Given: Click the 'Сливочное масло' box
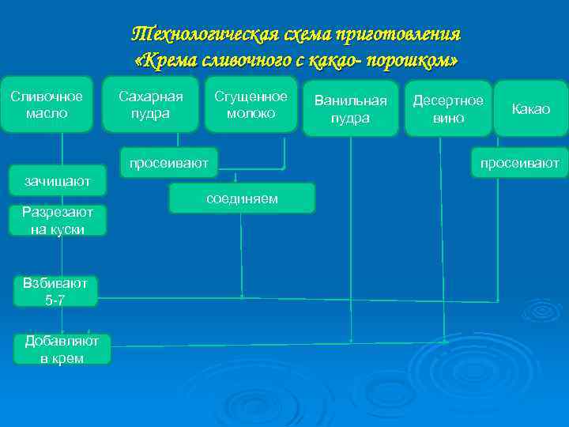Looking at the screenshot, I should pyautogui.click(x=47, y=104).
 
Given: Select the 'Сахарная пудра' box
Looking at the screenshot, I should pyautogui.click(x=150, y=104).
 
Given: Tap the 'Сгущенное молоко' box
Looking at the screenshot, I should pyautogui.click(x=251, y=104).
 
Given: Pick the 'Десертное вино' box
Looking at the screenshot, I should pyautogui.click(x=448, y=108).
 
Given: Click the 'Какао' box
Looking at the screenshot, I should pyautogui.click(x=530, y=109).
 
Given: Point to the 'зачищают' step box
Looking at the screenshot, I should pyautogui.click(x=58, y=180).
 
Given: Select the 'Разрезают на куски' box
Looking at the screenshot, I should pyautogui.click(x=58, y=221).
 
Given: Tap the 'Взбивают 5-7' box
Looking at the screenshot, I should pyautogui.click(x=55, y=291).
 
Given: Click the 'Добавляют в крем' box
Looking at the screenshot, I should pyautogui.click(x=62, y=349).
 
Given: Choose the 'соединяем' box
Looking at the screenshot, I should pyautogui.click(x=242, y=198).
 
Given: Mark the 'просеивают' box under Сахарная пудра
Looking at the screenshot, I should pyautogui.click(x=168, y=162).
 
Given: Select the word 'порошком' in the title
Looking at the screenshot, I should pyautogui.click(x=418, y=61).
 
